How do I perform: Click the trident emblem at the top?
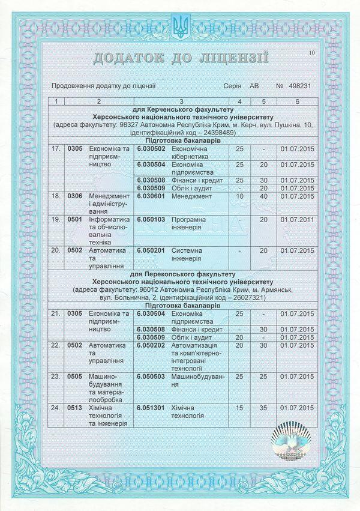(179, 25)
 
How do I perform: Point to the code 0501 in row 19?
(74, 220)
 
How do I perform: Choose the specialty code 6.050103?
(151, 220)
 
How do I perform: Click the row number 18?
(56, 196)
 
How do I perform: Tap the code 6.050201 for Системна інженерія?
(151, 250)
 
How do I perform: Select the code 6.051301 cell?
(151, 408)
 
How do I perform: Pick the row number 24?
(56, 408)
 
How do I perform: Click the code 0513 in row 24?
(74, 408)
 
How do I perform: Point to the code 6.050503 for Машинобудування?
(151, 376)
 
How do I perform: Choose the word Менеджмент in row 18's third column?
(191, 196)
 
